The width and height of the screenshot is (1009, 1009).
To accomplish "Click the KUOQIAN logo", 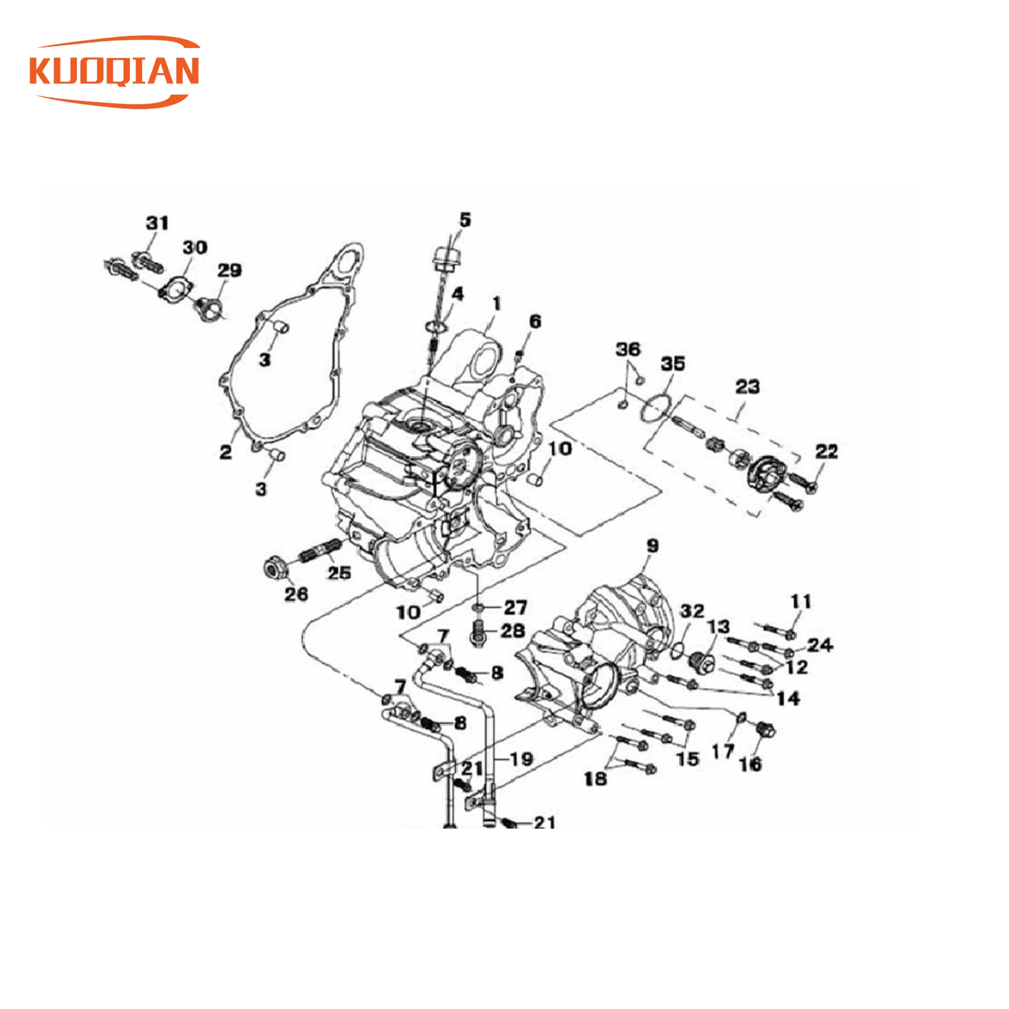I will tap(115, 71).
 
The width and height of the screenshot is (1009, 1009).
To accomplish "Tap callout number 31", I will tap(157, 223).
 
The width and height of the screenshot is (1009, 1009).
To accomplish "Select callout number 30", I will tap(195, 247).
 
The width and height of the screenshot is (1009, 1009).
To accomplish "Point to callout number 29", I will tap(230, 270).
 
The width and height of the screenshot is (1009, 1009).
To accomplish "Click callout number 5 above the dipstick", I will tap(465, 219).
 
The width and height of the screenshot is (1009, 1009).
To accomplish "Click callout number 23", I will tap(747, 386).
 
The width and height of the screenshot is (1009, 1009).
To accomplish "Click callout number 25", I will tap(339, 572).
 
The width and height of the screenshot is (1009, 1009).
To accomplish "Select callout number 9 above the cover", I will tap(652, 545).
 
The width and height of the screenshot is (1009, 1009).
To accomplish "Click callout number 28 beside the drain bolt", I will tap(513, 630).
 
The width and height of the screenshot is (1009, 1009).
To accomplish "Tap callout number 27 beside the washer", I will tap(515, 607).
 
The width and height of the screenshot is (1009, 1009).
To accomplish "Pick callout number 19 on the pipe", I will tap(521, 759).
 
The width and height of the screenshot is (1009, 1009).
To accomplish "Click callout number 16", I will tap(750, 764).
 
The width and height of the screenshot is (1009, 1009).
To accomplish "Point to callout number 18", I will tap(595, 778).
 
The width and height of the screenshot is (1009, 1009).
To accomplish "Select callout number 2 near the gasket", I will tap(226, 452).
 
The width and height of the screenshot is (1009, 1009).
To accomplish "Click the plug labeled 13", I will tap(701, 662).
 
